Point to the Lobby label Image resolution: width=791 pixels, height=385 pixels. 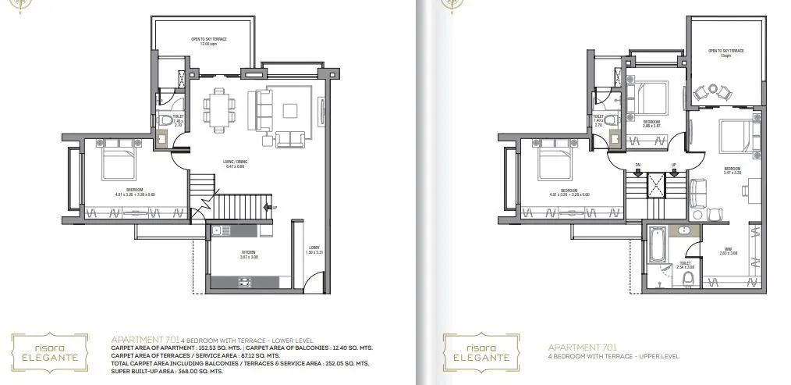tap(313, 250)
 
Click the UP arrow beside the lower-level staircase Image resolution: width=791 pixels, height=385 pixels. tap(274, 208)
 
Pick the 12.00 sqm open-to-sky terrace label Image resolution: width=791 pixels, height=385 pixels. tap(202, 41)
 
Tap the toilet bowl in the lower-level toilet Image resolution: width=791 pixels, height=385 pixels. tap(166, 122)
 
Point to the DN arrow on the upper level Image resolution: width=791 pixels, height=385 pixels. tap(637, 166)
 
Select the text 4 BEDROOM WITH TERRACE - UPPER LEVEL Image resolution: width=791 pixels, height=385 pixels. tap(613, 356)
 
